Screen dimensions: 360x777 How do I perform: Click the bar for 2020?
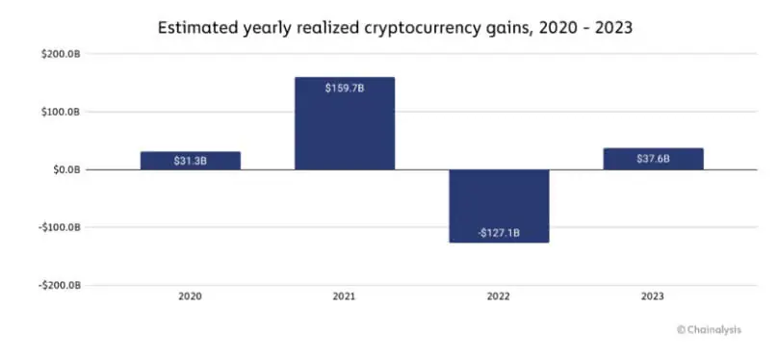[x=191, y=160]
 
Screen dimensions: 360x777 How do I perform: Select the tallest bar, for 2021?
[x=345, y=123]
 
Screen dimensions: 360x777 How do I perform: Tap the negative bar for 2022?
[x=499, y=206]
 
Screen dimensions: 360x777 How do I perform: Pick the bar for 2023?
[x=653, y=159]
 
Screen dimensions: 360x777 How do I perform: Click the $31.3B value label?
[x=191, y=161]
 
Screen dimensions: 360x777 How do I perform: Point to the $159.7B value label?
[x=345, y=89]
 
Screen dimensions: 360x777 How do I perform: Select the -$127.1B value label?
[x=499, y=231]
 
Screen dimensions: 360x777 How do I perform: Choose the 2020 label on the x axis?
[x=191, y=297]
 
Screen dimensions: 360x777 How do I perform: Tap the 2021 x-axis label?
[x=345, y=297]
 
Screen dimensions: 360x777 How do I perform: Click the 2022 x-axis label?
[x=499, y=297]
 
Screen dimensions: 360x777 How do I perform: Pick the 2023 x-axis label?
[x=653, y=297]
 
